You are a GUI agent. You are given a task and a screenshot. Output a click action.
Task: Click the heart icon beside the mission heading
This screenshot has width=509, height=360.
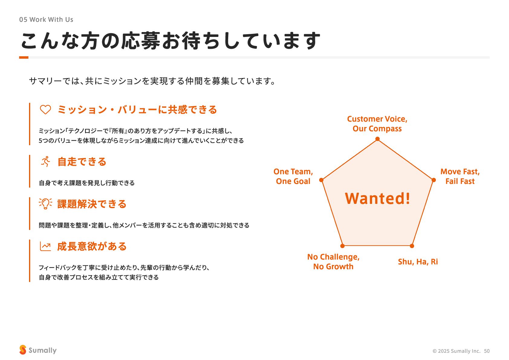click(45, 110)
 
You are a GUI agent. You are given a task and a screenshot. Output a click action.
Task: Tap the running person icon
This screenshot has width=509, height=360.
click(46, 162)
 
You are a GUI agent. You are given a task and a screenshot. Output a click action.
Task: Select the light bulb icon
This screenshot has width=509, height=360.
click(45, 204)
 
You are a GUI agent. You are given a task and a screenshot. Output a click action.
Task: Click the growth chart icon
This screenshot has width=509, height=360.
click(45, 246)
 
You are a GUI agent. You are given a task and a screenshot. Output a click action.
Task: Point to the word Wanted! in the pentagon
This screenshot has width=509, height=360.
click(378, 198)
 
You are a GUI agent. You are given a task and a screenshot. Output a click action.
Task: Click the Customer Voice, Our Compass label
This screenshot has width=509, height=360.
click(377, 124)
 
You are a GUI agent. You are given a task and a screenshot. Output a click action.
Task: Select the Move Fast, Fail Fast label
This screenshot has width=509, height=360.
click(460, 176)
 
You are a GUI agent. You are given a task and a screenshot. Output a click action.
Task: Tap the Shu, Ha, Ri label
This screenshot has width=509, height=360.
click(418, 262)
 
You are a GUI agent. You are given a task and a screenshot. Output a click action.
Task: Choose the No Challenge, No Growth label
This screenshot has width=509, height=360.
click(333, 262)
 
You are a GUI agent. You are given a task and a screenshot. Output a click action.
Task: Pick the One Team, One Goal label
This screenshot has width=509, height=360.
click(293, 176)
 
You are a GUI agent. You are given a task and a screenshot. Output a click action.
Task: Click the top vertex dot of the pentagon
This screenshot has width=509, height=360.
click(378, 139)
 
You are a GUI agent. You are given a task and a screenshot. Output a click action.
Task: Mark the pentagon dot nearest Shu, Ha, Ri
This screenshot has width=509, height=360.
click(412, 246)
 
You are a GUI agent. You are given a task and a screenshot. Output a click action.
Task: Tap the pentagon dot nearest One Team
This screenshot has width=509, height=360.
click(321, 180)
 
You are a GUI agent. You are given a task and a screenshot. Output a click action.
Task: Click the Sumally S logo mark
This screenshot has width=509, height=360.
click(23, 350)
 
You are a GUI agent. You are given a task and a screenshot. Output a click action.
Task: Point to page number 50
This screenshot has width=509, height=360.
click(487, 351)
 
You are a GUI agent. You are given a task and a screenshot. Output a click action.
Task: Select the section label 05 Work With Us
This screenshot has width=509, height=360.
click(46, 20)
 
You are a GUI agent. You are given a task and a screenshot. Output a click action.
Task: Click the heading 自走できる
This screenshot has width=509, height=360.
click(82, 162)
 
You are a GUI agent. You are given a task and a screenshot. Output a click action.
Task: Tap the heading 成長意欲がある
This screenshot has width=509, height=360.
click(92, 246)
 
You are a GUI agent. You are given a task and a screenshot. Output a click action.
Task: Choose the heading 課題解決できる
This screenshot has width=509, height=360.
click(92, 204)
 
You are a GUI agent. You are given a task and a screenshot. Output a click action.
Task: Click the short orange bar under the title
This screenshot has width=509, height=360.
click(24, 57)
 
